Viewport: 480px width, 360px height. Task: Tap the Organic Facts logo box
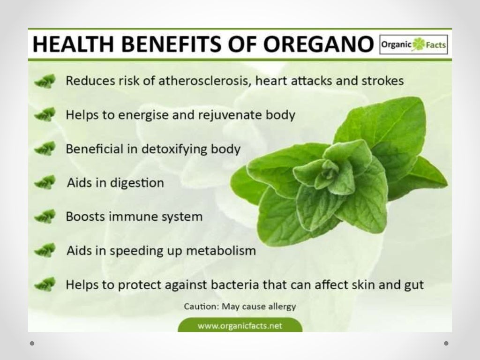413,46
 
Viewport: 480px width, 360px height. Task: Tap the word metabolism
221,250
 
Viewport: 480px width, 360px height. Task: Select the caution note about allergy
240,307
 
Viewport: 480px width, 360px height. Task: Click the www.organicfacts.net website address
240,326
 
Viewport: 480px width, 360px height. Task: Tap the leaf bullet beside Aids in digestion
45,182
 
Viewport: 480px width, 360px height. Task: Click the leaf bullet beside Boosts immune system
45,217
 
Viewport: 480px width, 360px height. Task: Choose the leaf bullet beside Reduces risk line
45,81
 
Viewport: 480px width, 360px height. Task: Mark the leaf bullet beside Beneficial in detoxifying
45,149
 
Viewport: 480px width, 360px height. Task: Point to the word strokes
381,81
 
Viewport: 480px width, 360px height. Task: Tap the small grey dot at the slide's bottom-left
32,343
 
